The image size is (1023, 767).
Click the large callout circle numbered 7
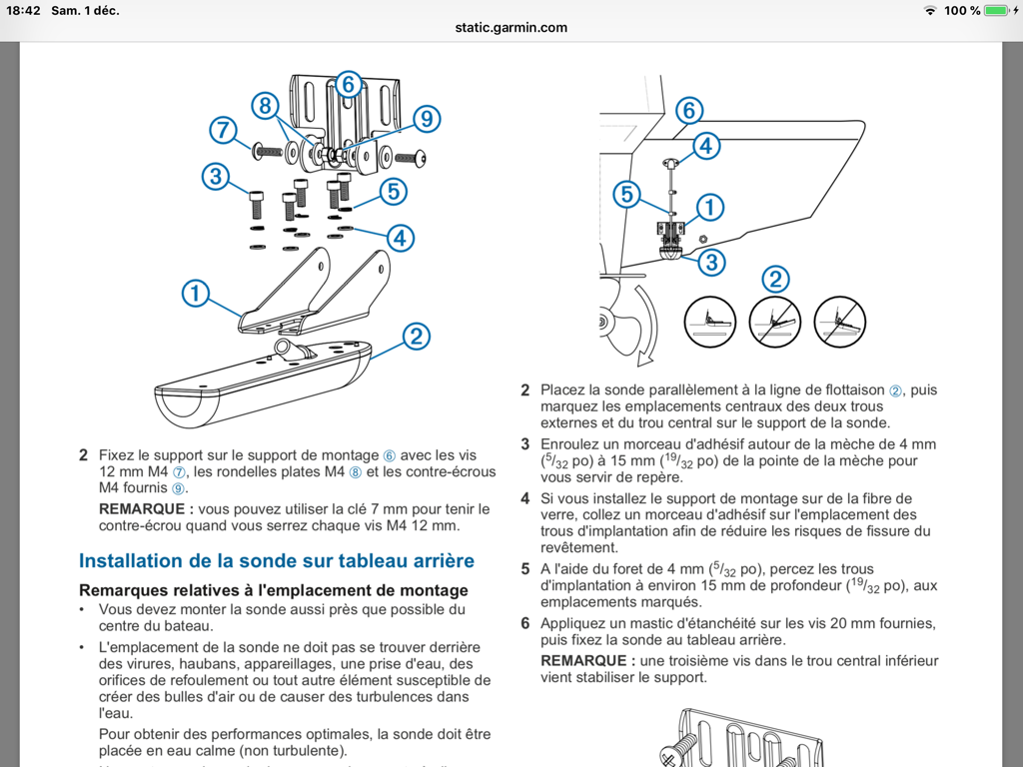[x=223, y=130]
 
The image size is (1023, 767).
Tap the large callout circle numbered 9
[x=426, y=119]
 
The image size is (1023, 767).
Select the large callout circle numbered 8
[x=265, y=105]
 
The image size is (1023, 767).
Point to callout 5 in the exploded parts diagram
[x=392, y=190]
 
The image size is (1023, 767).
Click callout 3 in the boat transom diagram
[x=710, y=263]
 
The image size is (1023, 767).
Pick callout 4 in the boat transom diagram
[x=705, y=146]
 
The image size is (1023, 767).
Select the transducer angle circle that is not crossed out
[x=709, y=321]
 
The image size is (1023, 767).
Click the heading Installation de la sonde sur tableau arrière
[x=277, y=561]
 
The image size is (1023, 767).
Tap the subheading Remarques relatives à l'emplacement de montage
[x=273, y=590]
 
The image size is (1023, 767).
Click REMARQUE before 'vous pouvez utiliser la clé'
[x=146, y=509]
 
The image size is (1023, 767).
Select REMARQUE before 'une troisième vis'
[x=587, y=660]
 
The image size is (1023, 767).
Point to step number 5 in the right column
[x=525, y=569]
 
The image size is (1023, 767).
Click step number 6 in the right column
[x=525, y=623]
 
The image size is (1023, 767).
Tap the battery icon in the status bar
[x=997, y=10]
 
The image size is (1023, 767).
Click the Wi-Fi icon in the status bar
[x=931, y=10]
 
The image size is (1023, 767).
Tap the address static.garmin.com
[x=511, y=27]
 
